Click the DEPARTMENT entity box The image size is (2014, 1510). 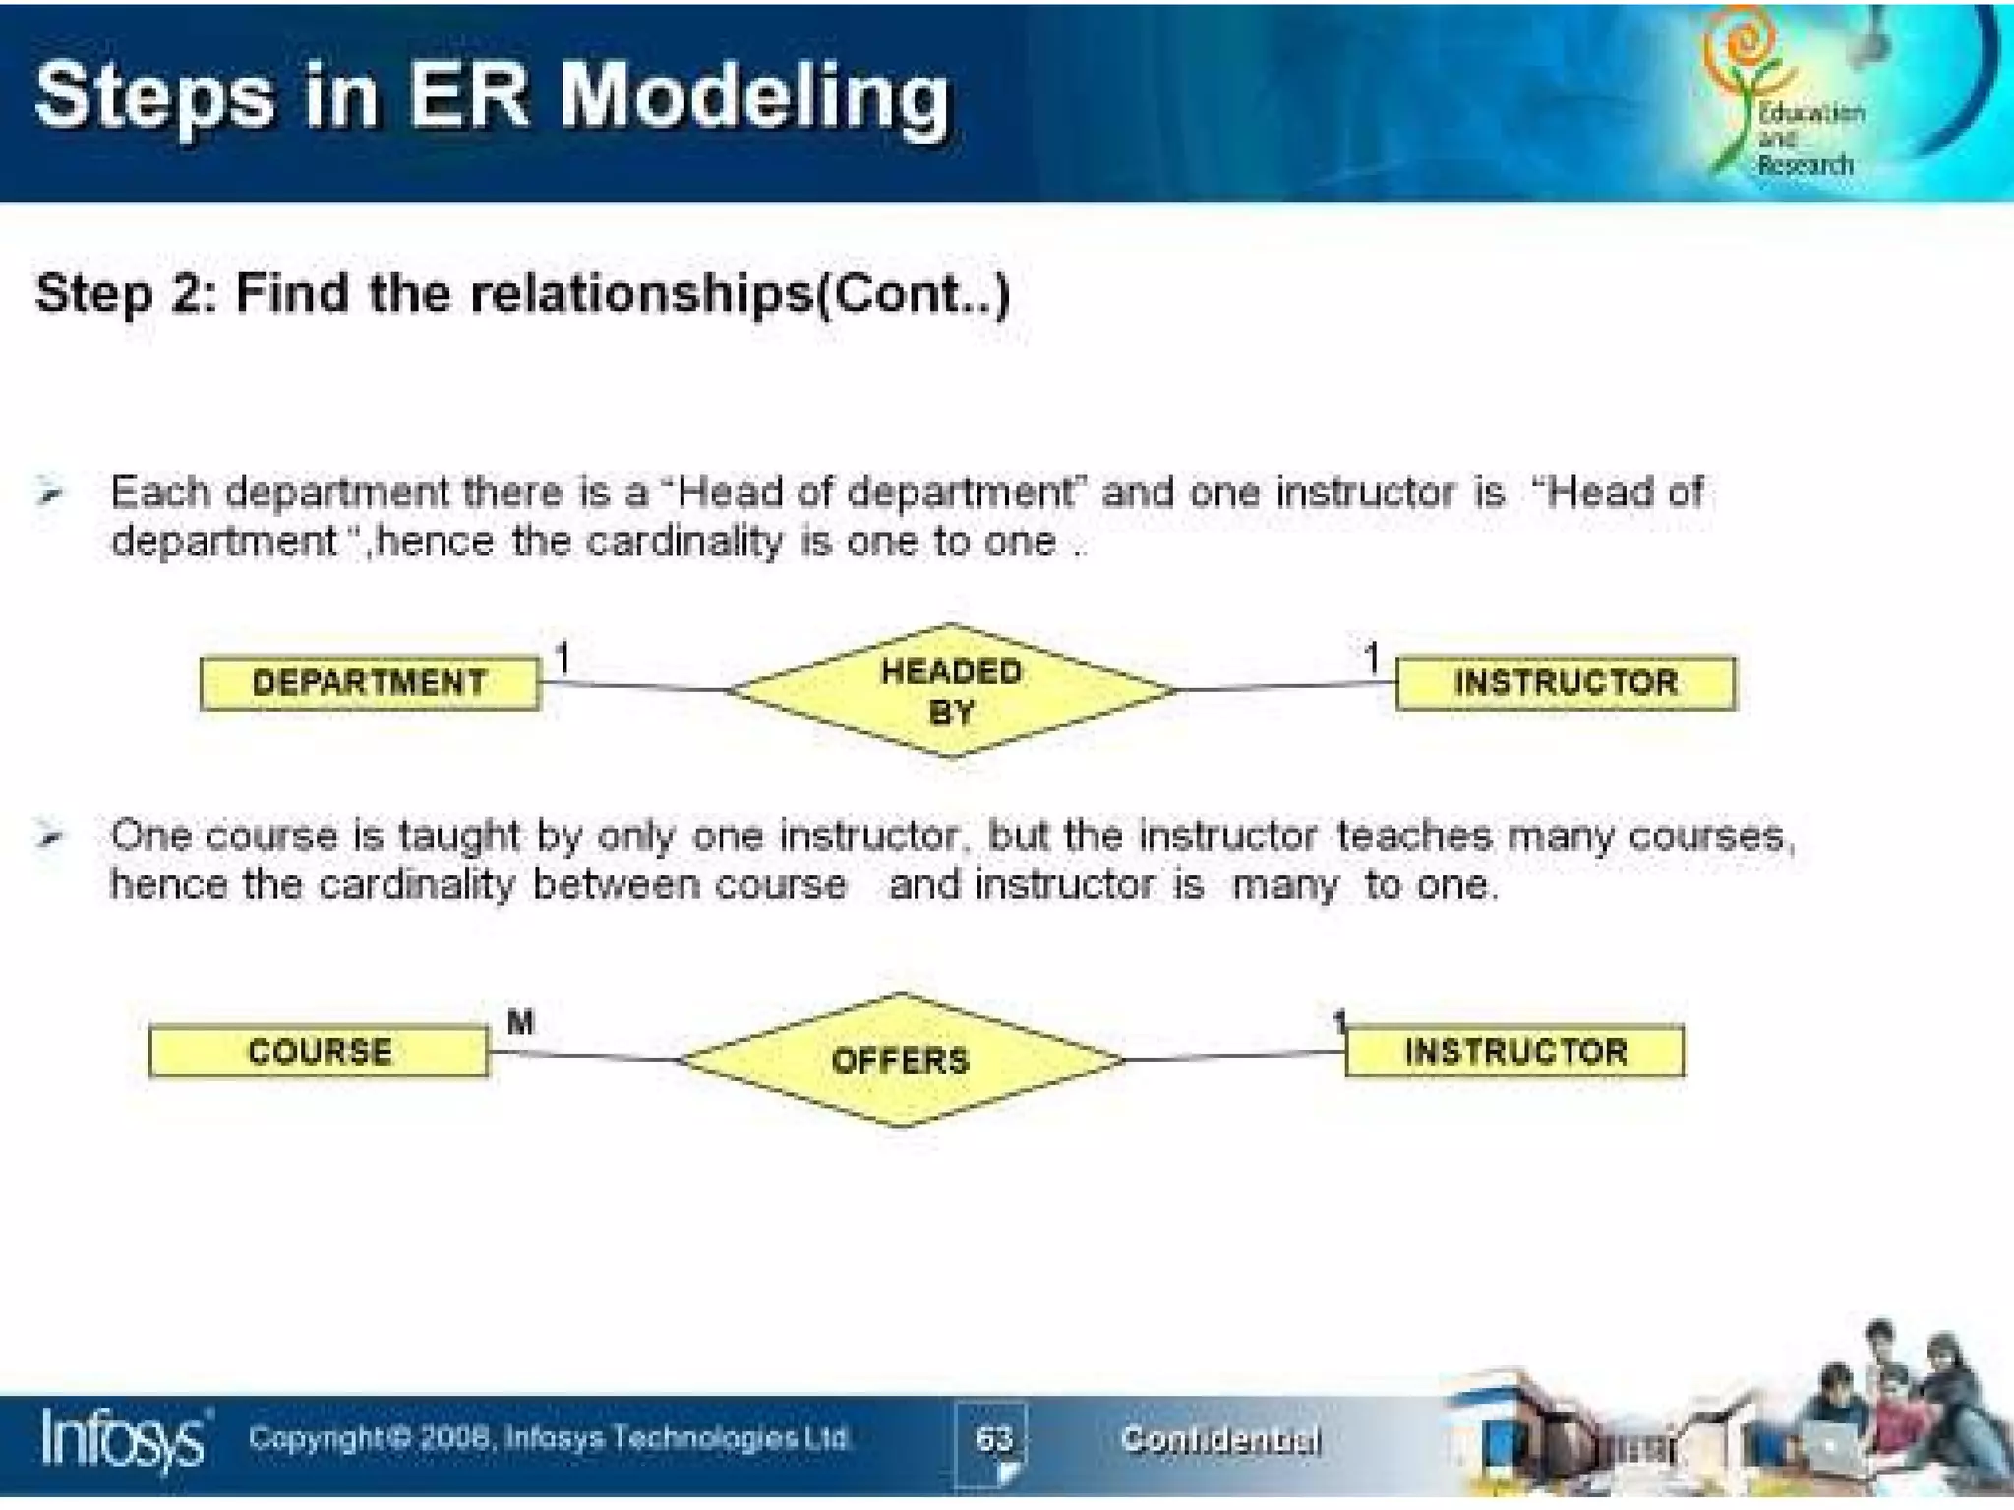pyautogui.click(x=370, y=682)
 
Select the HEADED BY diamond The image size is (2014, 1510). pyautogui.click(x=951, y=691)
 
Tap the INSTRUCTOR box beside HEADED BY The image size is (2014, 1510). pyautogui.click(x=1566, y=682)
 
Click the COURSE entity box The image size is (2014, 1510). pyautogui.click(x=319, y=1052)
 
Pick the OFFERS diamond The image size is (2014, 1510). pyautogui.click(x=901, y=1060)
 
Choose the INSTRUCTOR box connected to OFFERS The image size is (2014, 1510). pyautogui.click(x=1514, y=1052)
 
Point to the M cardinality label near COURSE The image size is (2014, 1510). pyautogui.click(x=520, y=1022)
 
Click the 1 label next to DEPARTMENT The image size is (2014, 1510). pyautogui.click(x=563, y=658)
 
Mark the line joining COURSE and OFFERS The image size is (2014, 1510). pyautogui.click(x=585, y=1056)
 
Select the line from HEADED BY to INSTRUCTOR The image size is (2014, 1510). pyautogui.click(x=1284, y=686)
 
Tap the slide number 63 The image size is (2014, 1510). pyautogui.click(x=993, y=1439)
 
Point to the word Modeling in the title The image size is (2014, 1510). pyautogui.click(x=755, y=97)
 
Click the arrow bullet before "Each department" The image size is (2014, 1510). pyautogui.click(x=50, y=493)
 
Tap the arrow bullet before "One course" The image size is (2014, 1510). pyautogui.click(x=50, y=837)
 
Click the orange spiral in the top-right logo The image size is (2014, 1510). pyautogui.click(x=1743, y=44)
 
